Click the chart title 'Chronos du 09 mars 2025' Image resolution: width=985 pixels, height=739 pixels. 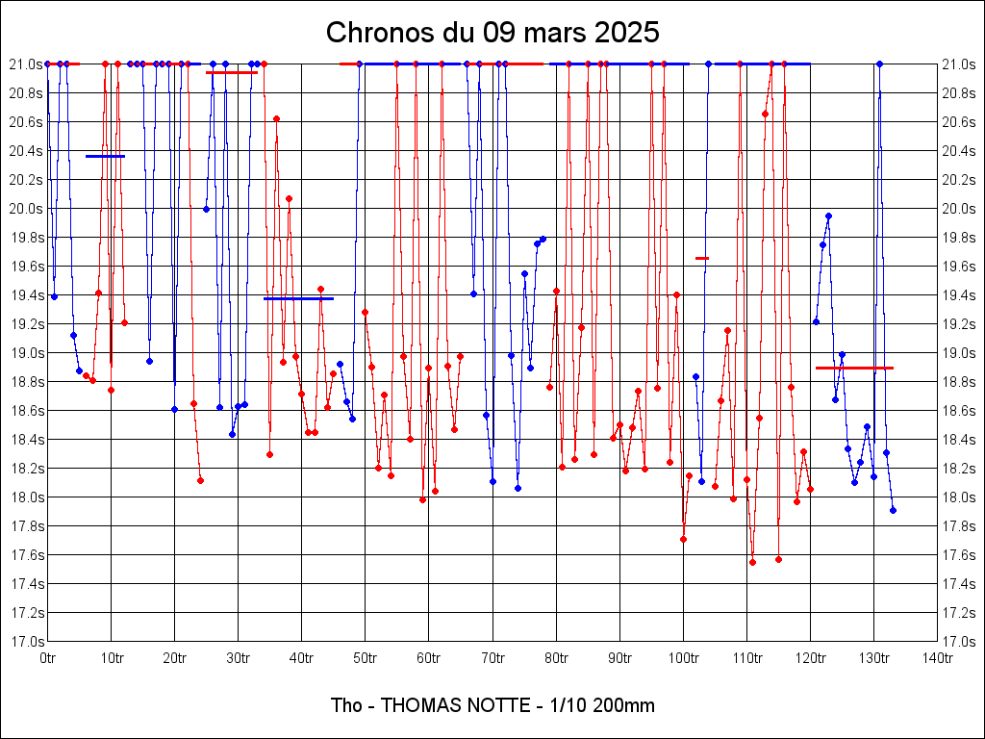(492, 32)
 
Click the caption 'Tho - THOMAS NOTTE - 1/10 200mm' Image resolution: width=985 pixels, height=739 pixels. (492, 705)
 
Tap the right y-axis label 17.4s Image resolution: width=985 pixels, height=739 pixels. (958, 584)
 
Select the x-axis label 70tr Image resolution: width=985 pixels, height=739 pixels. (492, 658)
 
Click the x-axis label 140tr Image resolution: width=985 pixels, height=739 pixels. (937, 658)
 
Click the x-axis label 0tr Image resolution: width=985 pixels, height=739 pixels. (48, 658)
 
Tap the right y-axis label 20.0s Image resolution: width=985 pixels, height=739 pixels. (958, 209)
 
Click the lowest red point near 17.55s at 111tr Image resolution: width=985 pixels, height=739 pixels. (752, 562)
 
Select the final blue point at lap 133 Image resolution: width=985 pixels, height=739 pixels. (893, 510)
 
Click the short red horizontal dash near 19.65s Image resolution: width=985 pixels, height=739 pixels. (702, 258)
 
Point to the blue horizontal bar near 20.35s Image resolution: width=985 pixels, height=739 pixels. (105, 156)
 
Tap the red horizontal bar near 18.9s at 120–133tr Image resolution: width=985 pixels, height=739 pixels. (854, 368)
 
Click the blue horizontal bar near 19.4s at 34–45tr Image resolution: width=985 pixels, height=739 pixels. (298, 298)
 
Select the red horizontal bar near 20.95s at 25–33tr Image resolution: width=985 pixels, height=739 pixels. (232, 72)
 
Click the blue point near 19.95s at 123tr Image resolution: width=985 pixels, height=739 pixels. (828, 216)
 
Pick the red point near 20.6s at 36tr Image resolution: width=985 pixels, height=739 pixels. (276, 118)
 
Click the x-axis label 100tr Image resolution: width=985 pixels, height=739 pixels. (683, 658)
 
